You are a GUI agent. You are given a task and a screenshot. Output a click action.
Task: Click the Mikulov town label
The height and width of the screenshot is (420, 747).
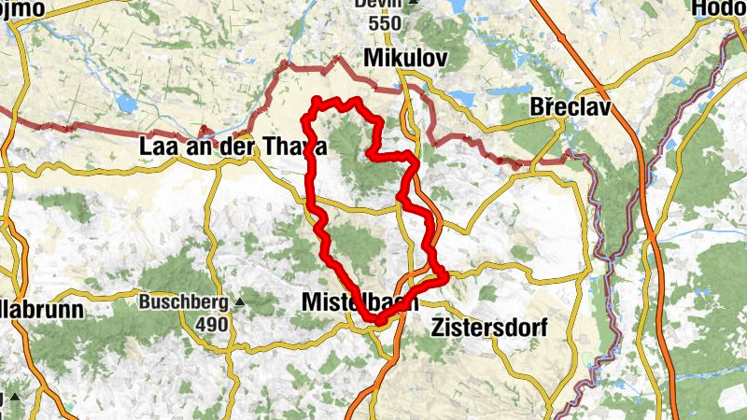point(405,60)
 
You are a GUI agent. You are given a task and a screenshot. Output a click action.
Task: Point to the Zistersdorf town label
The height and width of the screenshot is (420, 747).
point(488,328)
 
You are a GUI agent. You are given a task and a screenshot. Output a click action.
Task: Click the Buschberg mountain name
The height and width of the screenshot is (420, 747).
point(184,302)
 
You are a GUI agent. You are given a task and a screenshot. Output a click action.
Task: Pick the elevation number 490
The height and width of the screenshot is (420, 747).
point(211,323)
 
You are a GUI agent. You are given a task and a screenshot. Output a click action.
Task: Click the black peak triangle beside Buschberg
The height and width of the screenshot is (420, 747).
point(240,302)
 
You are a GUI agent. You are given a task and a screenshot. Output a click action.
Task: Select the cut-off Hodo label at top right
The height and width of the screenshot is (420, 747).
point(719,8)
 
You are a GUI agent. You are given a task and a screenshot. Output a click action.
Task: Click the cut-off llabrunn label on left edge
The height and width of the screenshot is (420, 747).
point(42,309)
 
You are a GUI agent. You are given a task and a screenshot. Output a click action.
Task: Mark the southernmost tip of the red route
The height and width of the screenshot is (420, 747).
point(378,322)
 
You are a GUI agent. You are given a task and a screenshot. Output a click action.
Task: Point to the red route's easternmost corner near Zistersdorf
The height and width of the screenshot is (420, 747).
point(447,274)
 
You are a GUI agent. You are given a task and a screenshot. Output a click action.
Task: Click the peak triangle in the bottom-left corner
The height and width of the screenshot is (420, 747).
point(14,385)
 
